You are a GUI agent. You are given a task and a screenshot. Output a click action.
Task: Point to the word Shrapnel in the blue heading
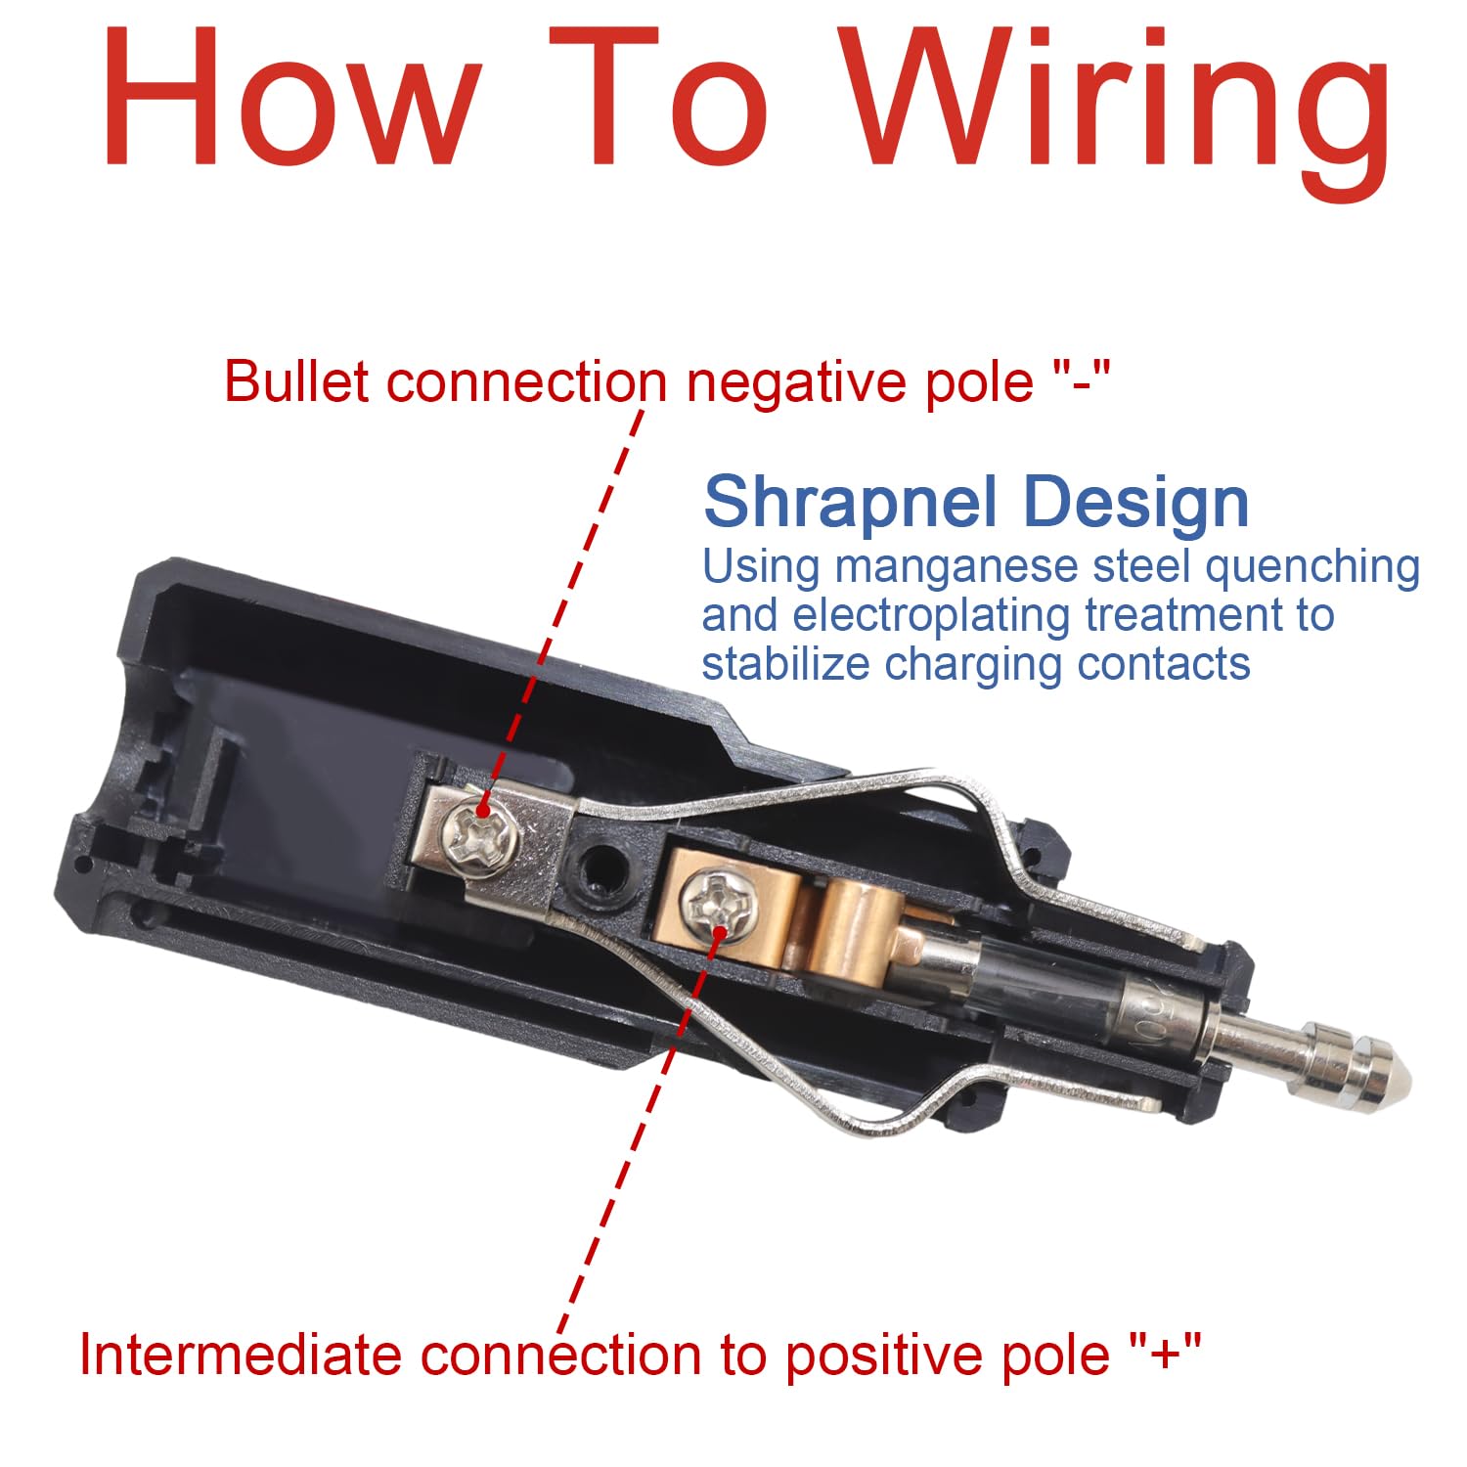click(851, 505)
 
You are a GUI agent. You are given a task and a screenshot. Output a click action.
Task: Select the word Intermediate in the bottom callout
click(240, 1355)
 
